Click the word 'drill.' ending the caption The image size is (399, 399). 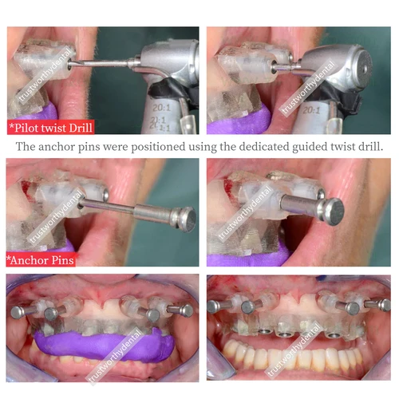pyautogui.click(x=368, y=146)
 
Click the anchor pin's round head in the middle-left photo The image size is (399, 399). pyautogui.click(x=185, y=216)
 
